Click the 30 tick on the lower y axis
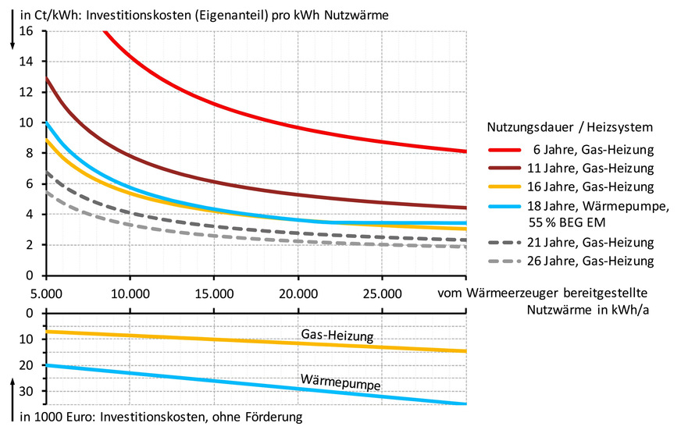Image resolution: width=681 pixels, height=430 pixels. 30,391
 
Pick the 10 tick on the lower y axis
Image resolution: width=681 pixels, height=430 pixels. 30,339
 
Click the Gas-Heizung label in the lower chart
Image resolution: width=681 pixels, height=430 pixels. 337,336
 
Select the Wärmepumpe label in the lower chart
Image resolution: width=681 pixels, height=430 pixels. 340,383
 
